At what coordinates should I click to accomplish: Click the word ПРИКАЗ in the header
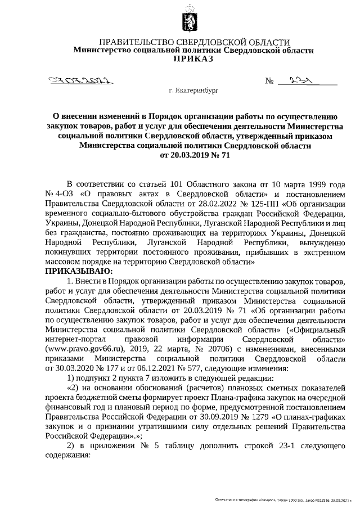(x=194, y=59)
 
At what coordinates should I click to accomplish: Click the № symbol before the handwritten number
(x=269, y=82)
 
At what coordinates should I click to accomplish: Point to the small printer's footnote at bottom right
(x=287, y=499)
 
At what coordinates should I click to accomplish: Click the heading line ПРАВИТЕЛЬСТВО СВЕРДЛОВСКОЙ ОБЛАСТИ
(x=194, y=42)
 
